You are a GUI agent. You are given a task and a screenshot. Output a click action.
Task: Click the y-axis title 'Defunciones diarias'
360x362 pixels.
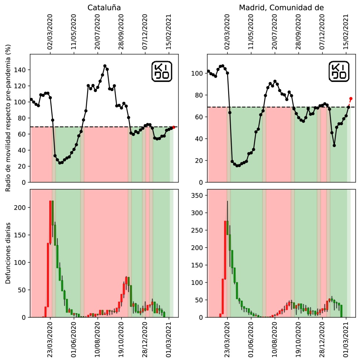click(x=8, y=253)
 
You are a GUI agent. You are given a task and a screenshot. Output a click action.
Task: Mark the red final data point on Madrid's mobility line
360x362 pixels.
click(x=351, y=98)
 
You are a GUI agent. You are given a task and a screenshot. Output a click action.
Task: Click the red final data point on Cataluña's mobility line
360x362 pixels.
click(x=173, y=127)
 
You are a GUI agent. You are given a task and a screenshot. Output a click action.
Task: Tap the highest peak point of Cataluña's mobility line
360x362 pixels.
click(x=105, y=66)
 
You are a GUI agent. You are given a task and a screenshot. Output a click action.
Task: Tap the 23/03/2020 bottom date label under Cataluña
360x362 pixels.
click(x=50, y=340)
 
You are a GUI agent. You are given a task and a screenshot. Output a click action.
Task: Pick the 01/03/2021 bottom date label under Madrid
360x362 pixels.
click(x=346, y=340)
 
